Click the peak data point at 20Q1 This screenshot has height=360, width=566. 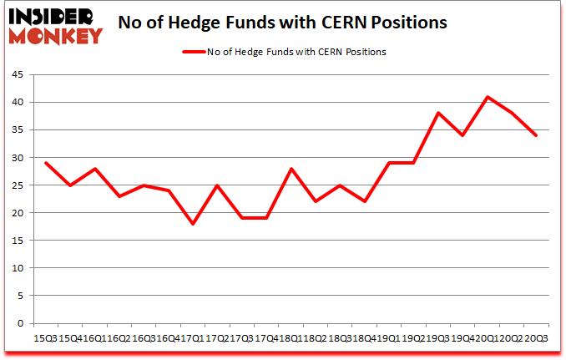tap(487, 97)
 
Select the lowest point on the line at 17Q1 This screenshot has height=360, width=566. tap(194, 224)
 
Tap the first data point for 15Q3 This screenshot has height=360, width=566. tap(46, 163)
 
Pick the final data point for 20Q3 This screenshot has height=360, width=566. tap(536, 135)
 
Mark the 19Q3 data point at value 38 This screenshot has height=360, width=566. tap(437, 113)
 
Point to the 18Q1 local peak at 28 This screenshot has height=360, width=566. tap(291, 169)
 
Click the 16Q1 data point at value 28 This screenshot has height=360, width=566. tap(95, 169)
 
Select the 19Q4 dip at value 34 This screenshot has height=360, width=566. tap(462, 135)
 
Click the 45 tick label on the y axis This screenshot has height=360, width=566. tap(17, 75)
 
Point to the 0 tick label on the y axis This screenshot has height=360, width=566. tap(19, 323)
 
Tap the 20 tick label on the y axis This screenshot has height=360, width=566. tap(17, 213)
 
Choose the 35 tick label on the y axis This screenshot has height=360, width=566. tap(17, 130)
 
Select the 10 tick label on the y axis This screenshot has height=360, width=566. tap(17, 268)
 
